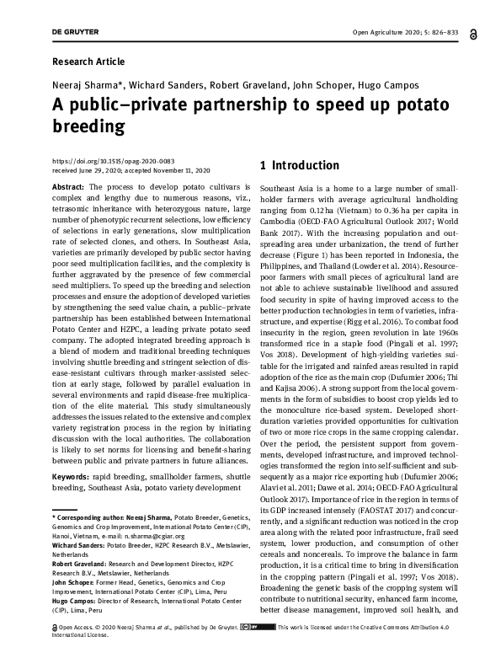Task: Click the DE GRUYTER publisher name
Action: click(75, 33)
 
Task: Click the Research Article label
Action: click(88, 62)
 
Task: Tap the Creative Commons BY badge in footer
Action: click(249, 650)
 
